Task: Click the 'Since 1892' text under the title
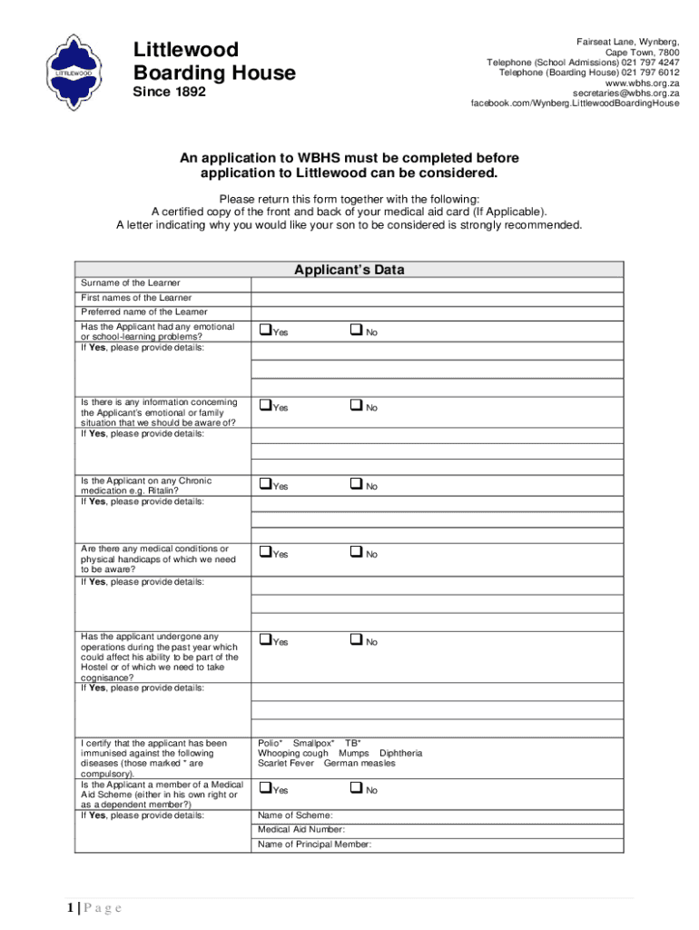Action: coord(170,93)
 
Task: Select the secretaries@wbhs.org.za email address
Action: coord(625,94)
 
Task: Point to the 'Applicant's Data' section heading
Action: coord(349,270)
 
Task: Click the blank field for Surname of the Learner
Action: coord(437,284)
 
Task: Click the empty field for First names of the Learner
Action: coord(437,298)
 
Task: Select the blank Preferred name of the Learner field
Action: coord(437,312)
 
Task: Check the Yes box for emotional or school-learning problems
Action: coord(265,330)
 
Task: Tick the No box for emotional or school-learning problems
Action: coord(356,330)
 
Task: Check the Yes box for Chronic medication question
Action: coord(265,484)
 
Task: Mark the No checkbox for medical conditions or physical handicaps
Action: coord(356,552)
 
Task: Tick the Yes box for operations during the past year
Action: coord(265,639)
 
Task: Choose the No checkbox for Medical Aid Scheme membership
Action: coord(356,787)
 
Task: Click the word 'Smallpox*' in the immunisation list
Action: coord(313,743)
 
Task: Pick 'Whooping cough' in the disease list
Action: coord(293,753)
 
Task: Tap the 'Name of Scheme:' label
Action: coord(295,815)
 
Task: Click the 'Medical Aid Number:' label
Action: coord(301,829)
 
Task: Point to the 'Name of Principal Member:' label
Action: coord(314,845)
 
